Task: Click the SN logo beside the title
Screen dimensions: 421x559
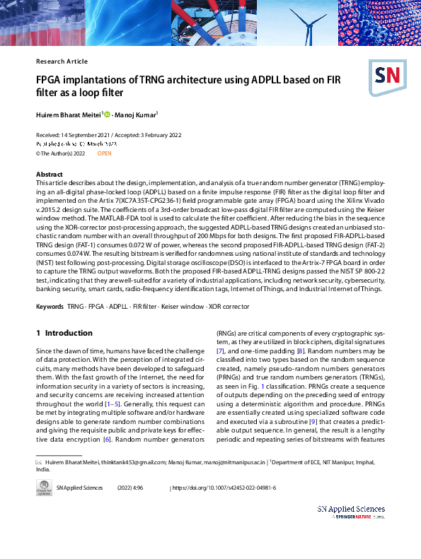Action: pyautogui.click(x=385, y=73)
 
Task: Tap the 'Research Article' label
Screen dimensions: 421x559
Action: pyautogui.click(x=62, y=61)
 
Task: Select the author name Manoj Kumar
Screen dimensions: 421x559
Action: pyautogui.click(x=137, y=114)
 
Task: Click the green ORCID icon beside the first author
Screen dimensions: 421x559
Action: pyautogui.click(x=107, y=114)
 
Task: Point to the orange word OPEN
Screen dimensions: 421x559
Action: pyautogui.click(x=104, y=153)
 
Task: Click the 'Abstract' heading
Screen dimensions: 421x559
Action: pyautogui.click(x=50, y=174)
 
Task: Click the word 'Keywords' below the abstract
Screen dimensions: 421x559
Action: pyautogui.click(x=49, y=307)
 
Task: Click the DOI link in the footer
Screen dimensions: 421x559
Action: pyautogui.click(x=224, y=488)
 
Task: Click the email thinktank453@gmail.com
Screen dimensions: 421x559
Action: pyautogui.click(x=132, y=461)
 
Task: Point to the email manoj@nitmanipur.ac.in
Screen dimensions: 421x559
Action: pyautogui.click(x=228, y=461)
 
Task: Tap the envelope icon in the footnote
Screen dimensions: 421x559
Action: pyautogui.click(x=40, y=461)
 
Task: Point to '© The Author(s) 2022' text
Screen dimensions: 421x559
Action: pyautogui.click(x=61, y=153)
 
